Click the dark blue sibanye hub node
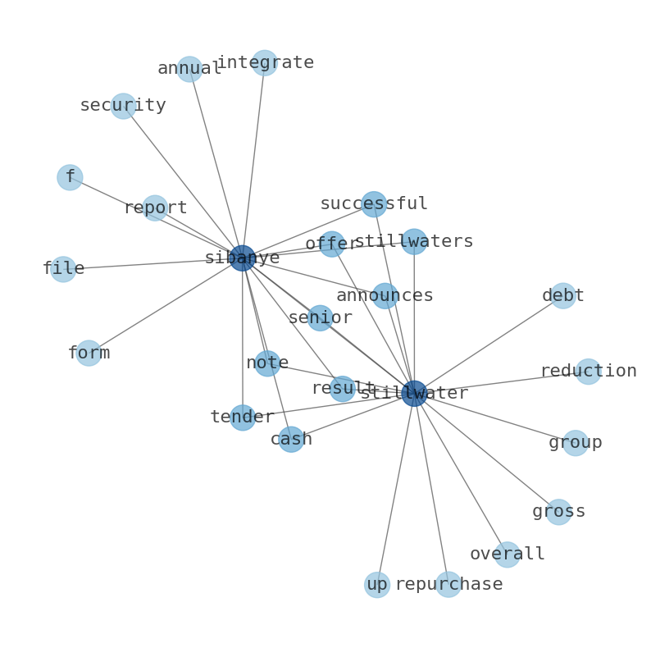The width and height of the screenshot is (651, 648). [x=243, y=258]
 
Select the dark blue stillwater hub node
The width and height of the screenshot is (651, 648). [x=414, y=394]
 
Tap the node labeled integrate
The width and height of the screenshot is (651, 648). [x=265, y=62]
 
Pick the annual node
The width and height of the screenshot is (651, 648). [x=189, y=69]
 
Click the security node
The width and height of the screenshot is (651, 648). [x=123, y=106]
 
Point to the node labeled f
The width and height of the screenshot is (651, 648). [x=70, y=177]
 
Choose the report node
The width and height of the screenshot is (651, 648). [x=155, y=208]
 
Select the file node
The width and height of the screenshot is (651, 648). [x=63, y=269]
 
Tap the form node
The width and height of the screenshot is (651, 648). [x=89, y=353]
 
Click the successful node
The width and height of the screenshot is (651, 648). [x=374, y=204]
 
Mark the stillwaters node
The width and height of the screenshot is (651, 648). [x=414, y=241]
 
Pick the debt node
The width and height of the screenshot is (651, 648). [x=563, y=296]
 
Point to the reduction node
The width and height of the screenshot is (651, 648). [x=589, y=372]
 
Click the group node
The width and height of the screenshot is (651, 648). [x=575, y=443]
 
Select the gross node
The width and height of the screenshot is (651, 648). [x=558, y=512]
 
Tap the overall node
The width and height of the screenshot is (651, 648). [x=507, y=554]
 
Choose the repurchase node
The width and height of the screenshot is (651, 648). [x=448, y=585]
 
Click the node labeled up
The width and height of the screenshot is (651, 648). [x=377, y=585]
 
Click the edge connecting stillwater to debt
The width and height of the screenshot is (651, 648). [x=489, y=345]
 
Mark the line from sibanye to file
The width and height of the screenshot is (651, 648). [x=153, y=264]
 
